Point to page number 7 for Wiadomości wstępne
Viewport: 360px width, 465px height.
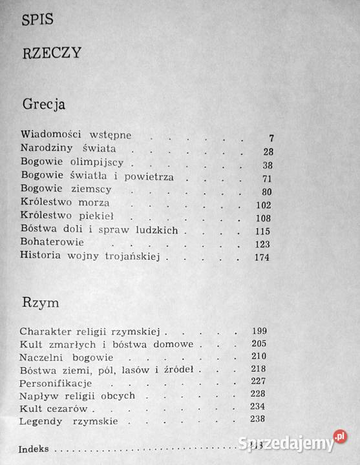(x=271, y=138)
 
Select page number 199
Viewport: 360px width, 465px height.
(x=259, y=331)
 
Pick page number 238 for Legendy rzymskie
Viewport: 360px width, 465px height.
(x=259, y=419)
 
